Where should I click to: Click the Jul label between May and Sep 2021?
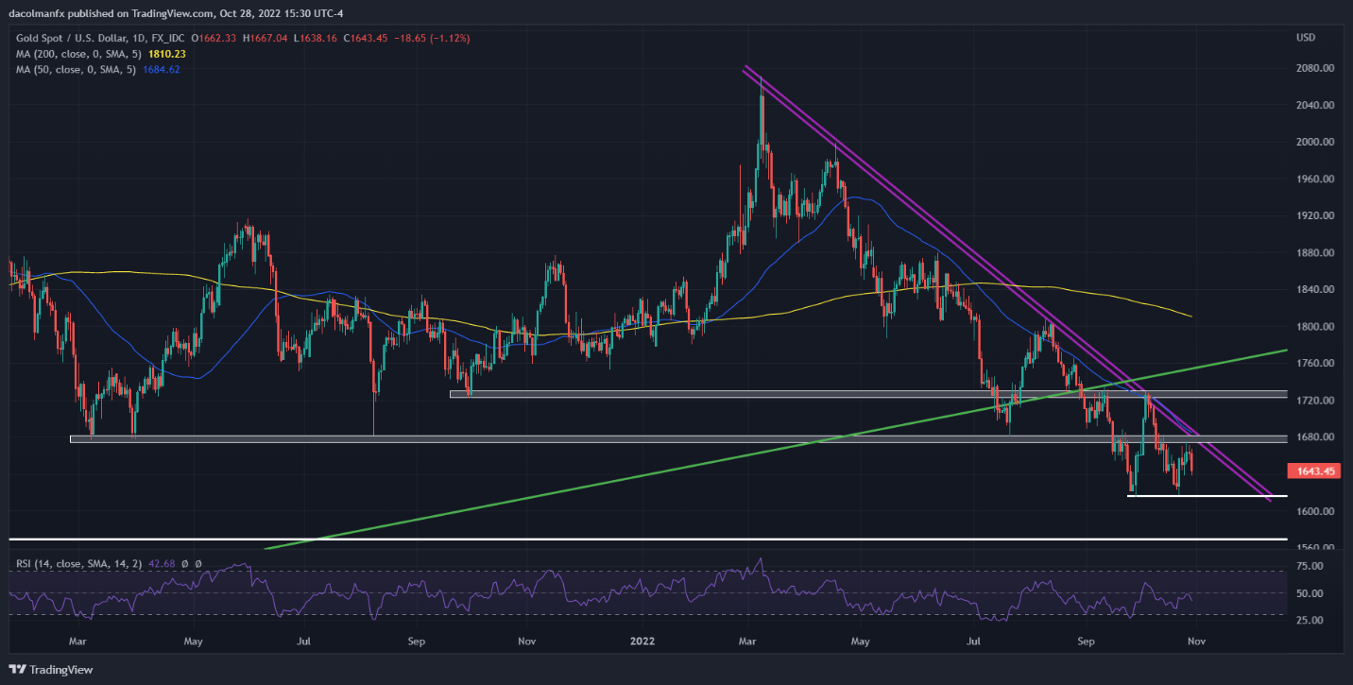tap(304, 642)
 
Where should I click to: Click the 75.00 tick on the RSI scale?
tap(1310, 566)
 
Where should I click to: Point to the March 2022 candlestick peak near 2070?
tap(762, 80)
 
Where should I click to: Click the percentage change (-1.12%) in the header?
tap(450, 38)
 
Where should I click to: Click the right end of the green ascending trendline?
tap(1285, 351)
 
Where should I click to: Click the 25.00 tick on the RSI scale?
tap(1310, 620)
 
